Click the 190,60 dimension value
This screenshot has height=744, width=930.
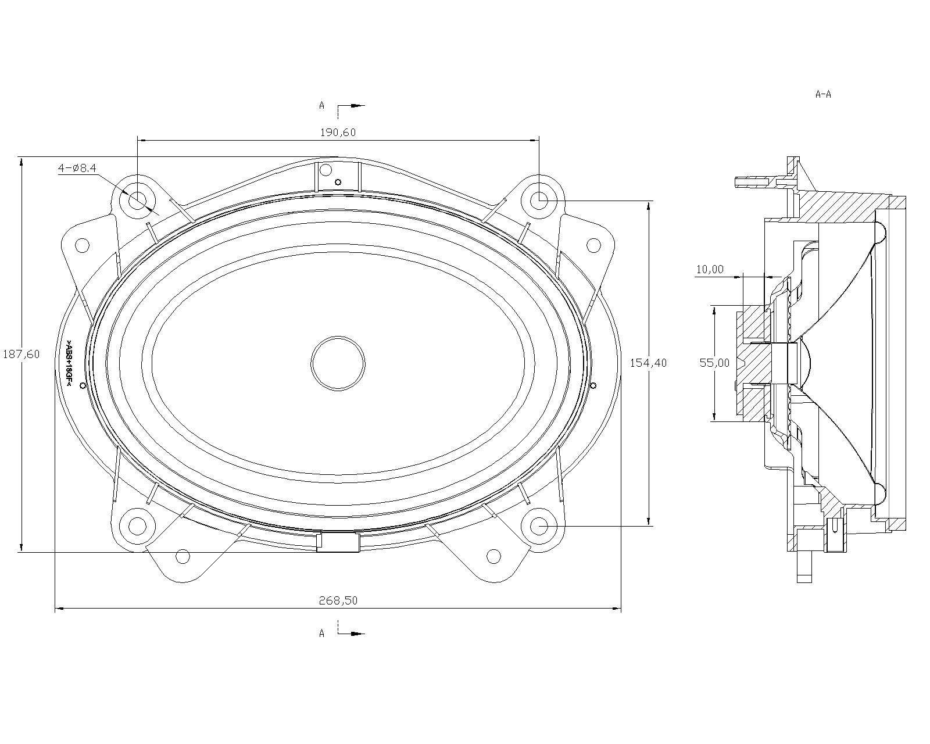click(x=338, y=133)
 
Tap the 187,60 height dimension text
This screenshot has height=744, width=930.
click(x=21, y=354)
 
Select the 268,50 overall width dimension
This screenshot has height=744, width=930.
click(x=338, y=600)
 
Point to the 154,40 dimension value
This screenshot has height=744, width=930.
click(x=648, y=363)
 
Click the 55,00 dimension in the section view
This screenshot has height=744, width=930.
click(x=714, y=363)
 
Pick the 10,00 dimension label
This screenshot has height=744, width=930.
click(x=710, y=269)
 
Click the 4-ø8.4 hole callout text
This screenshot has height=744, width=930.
click(x=77, y=168)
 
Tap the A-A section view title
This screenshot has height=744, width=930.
click(x=823, y=94)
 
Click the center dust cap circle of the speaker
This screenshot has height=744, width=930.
click(x=338, y=363)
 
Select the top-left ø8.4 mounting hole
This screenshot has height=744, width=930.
click(x=137, y=200)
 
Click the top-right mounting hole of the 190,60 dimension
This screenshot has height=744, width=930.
click(x=539, y=200)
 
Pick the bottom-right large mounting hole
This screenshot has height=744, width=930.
click(x=539, y=526)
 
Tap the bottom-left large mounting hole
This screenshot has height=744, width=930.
click(x=137, y=526)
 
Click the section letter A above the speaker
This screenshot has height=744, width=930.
click(x=321, y=105)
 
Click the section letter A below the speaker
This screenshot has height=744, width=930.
click(x=321, y=634)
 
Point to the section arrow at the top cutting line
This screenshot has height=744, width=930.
click(x=357, y=105)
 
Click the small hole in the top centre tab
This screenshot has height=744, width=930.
click(x=338, y=182)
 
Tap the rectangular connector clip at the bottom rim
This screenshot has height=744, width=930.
click(x=338, y=542)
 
